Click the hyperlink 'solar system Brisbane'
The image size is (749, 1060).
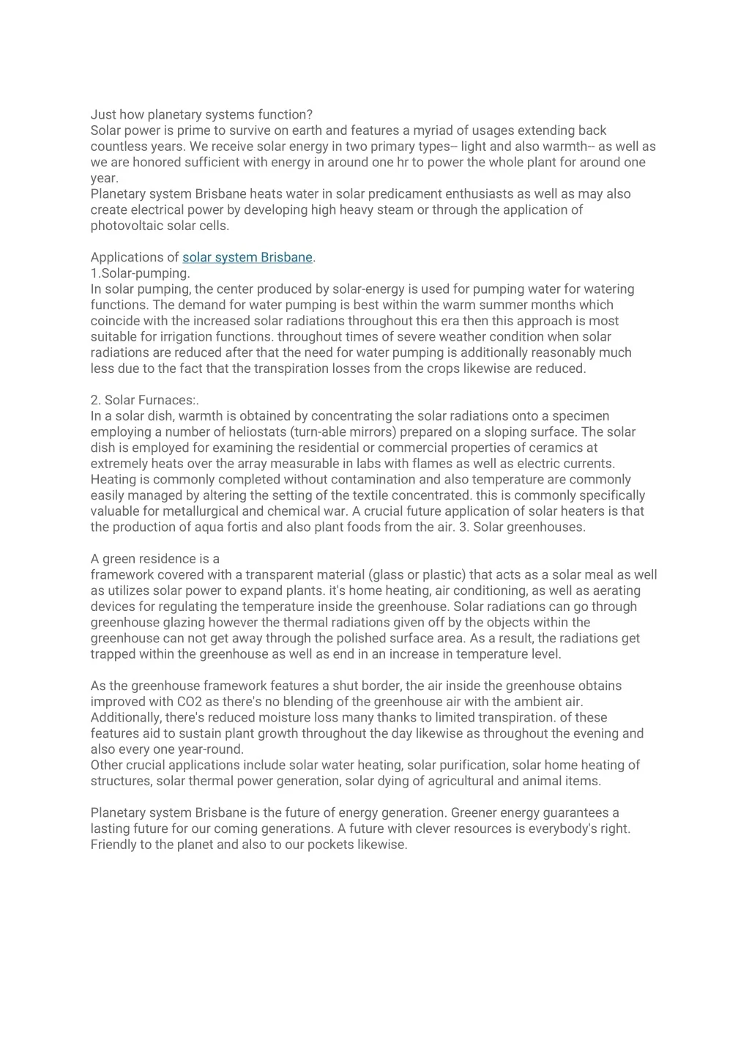click(x=247, y=258)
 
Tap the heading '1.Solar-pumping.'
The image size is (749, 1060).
click(x=141, y=273)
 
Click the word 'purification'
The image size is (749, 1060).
click(x=472, y=766)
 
